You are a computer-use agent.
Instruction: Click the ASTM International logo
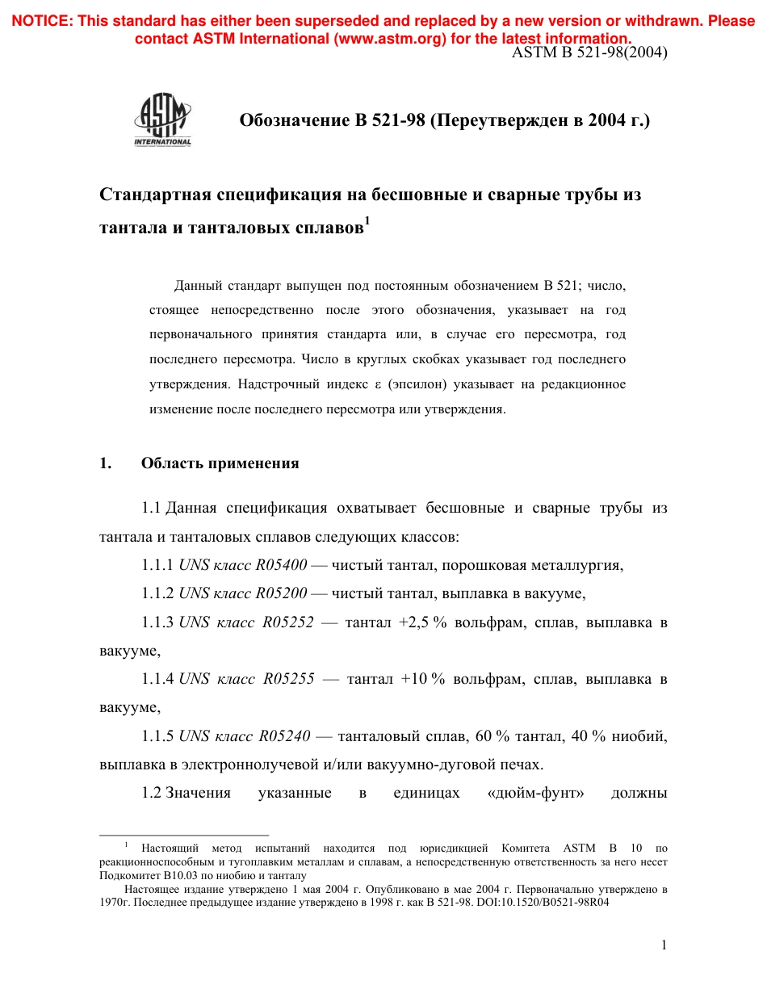tap(162, 120)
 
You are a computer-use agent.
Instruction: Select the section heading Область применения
tap(220, 463)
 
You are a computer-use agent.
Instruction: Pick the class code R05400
tap(281, 565)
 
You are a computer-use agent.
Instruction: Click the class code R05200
tap(281, 593)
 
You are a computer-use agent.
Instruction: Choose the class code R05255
tap(289, 679)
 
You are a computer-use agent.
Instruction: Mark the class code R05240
tap(284, 735)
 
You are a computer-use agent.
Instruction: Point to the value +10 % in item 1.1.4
tap(424, 679)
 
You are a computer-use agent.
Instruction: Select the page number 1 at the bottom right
tap(664, 945)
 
